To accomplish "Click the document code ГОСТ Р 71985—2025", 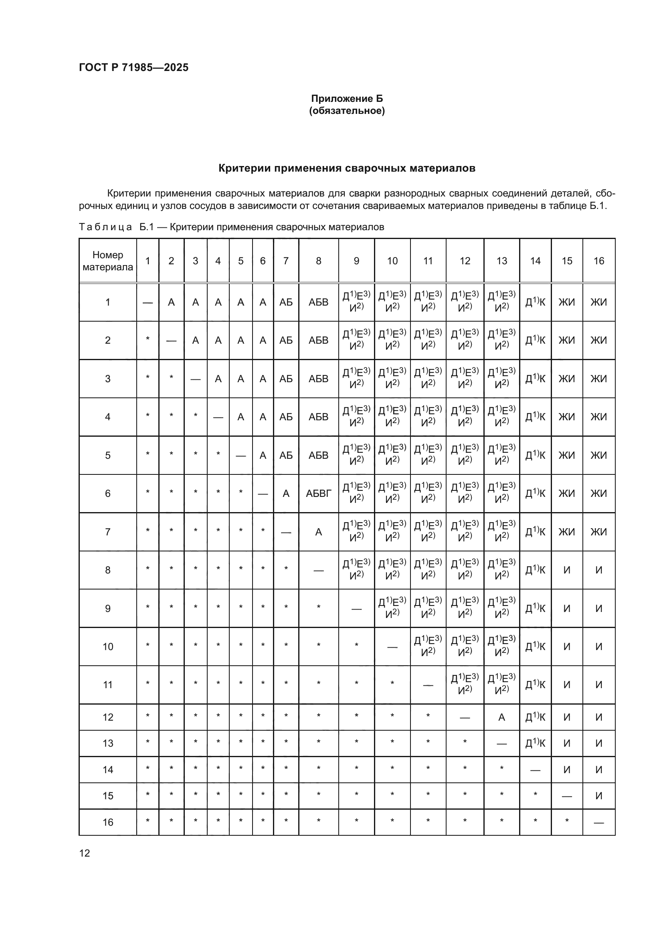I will (133, 67).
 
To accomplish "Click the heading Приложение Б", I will (347, 99).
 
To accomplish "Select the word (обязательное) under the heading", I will (347, 111).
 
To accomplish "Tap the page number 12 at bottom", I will (85, 853).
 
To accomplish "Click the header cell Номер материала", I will (108, 261).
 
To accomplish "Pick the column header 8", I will (318, 261).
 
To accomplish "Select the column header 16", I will (598, 261).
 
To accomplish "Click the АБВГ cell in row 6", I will (318, 494).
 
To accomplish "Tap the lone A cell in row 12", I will (501, 717).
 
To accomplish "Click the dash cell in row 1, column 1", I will (148, 303).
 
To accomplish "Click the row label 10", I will (108, 647).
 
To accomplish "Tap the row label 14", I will (108, 770).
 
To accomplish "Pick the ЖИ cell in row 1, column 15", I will (567, 302).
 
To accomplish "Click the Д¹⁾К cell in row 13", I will (535, 744).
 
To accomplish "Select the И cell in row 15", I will (598, 796).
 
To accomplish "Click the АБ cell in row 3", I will (286, 379).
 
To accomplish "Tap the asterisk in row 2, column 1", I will (148, 339).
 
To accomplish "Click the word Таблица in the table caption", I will (105, 227).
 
